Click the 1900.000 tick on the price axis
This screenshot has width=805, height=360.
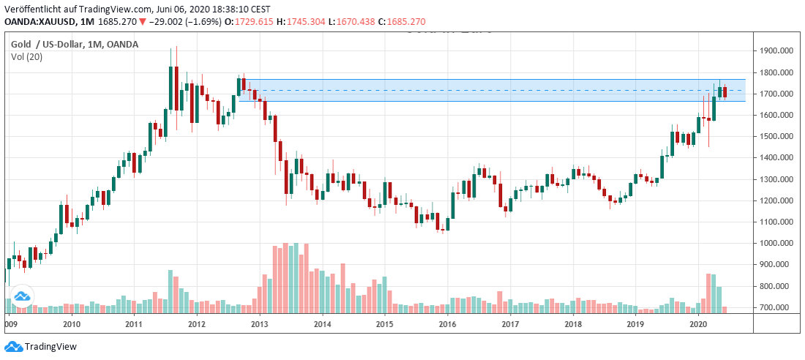[x=776, y=51]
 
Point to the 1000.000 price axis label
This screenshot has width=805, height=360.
[x=776, y=243]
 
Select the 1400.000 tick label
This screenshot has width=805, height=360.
[x=776, y=158]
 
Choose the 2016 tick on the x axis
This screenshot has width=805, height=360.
[x=448, y=323]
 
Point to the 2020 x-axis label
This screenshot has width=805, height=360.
[x=699, y=323]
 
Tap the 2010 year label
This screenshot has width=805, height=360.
[x=71, y=323]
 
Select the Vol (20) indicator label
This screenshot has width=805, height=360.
[x=27, y=57]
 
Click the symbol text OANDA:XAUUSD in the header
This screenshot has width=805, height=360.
[x=40, y=22]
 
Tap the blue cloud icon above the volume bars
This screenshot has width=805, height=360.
[x=22, y=296]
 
